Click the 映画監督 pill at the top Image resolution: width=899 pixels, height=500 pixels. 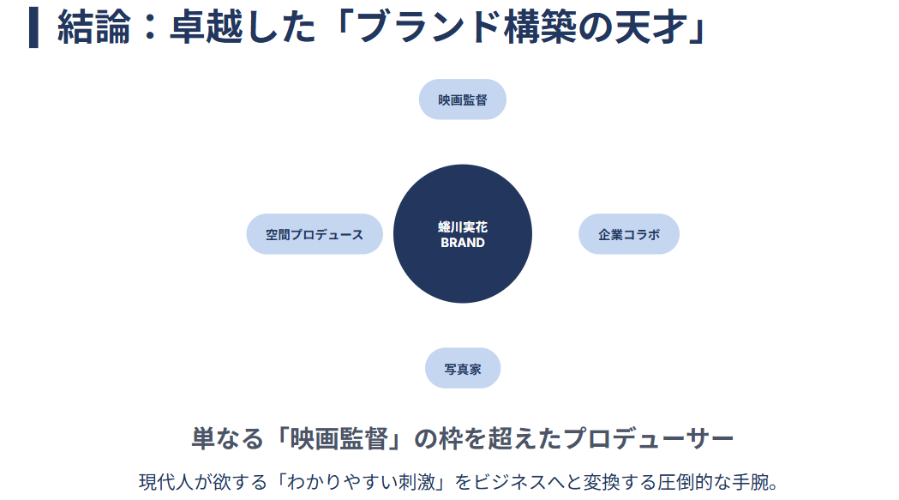click(x=462, y=99)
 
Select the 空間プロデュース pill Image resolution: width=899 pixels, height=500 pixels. click(x=315, y=234)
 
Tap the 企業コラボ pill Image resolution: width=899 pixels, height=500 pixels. click(x=629, y=234)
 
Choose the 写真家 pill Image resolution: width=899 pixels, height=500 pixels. click(x=463, y=368)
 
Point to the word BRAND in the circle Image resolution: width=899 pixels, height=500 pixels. click(x=463, y=243)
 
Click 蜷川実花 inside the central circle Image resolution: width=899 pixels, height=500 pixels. click(x=463, y=227)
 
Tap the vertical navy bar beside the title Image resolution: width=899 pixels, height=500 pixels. click(x=33, y=27)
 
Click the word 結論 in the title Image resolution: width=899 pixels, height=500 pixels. click(x=94, y=27)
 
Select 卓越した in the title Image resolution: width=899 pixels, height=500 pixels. click(x=243, y=27)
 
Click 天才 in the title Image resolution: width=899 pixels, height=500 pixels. click(x=650, y=27)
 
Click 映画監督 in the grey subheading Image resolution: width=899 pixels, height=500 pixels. click(x=339, y=439)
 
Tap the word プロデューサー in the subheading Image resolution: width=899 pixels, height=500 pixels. click(x=649, y=439)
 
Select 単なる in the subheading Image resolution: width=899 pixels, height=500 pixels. click(x=227, y=439)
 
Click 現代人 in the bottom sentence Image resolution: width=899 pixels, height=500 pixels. click(x=166, y=482)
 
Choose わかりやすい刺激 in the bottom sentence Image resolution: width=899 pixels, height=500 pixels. click(x=361, y=482)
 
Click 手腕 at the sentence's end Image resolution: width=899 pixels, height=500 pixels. click(x=749, y=482)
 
